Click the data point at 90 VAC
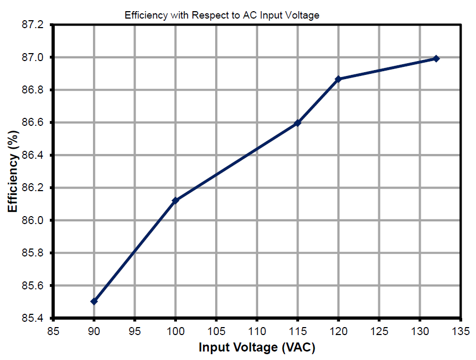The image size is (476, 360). coord(94,301)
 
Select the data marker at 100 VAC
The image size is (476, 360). coord(175,200)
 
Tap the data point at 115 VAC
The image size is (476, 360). coord(297,123)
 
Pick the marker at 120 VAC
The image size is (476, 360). coord(338,79)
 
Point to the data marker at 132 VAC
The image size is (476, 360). coord(436,58)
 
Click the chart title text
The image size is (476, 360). coord(222,15)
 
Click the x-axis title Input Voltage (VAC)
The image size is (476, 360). coord(257,348)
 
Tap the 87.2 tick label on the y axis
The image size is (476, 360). coord(36,24)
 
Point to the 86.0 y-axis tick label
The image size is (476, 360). coord(36,220)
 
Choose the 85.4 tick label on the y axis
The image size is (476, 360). coord(36,318)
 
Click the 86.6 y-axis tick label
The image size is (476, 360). coord(36,123)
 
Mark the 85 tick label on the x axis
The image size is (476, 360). coord(53,332)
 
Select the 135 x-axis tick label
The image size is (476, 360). coord(460,332)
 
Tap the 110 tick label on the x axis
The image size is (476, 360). coord(257,332)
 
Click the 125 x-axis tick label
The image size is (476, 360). coord(379,332)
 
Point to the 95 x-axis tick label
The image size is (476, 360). coord(135,332)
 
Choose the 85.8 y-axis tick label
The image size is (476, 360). coord(36,253)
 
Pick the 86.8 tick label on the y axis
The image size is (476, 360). coord(36,90)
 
